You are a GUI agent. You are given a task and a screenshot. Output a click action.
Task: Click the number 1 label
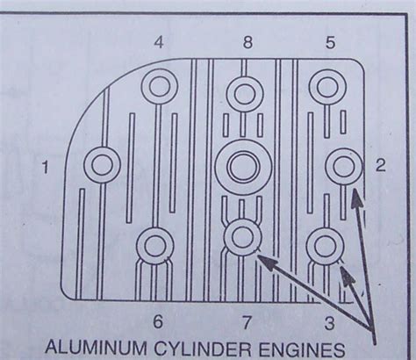[x=46, y=165]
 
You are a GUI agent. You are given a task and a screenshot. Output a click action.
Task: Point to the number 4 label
[x=158, y=41]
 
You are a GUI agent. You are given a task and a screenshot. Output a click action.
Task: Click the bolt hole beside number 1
[x=102, y=164]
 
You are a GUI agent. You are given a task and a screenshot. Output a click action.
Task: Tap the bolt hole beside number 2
[x=341, y=164]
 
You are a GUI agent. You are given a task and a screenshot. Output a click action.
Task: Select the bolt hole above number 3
[x=324, y=245]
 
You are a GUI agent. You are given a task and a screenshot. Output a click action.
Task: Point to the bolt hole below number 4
[x=159, y=87]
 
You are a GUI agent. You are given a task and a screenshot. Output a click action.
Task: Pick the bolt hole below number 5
[x=326, y=88]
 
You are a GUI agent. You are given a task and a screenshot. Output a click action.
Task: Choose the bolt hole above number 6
[x=154, y=245]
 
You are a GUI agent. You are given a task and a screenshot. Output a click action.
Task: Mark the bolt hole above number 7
[x=241, y=237]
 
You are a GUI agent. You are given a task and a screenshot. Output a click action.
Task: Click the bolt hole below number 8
[x=244, y=92]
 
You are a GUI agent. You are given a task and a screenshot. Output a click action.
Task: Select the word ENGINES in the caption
[x=299, y=345]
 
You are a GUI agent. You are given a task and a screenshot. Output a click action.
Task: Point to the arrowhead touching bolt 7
[x=262, y=257]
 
